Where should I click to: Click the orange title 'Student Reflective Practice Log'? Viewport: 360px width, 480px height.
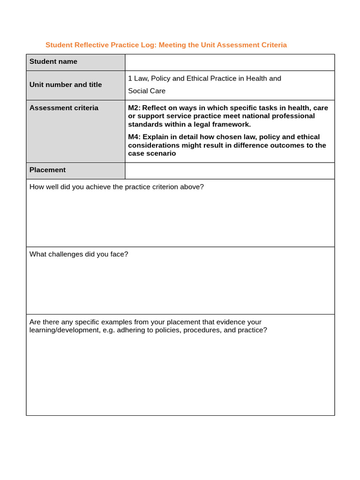point(101,45)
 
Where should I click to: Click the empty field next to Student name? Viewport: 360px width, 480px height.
point(230,62)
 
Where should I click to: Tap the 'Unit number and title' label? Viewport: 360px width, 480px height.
point(66,85)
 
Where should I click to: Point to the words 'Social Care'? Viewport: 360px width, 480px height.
point(147,91)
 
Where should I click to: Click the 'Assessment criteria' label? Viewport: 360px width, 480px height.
point(64,108)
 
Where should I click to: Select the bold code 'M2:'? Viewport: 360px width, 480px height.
point(134,108)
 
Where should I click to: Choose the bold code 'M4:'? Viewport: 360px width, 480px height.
point(134,137)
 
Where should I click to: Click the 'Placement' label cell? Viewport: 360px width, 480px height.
point(47,170)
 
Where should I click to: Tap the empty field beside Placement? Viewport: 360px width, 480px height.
point(230,170)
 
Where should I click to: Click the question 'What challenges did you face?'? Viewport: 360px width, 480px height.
point(79,254)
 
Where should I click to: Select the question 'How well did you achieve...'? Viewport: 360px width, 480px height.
point(117,187)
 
